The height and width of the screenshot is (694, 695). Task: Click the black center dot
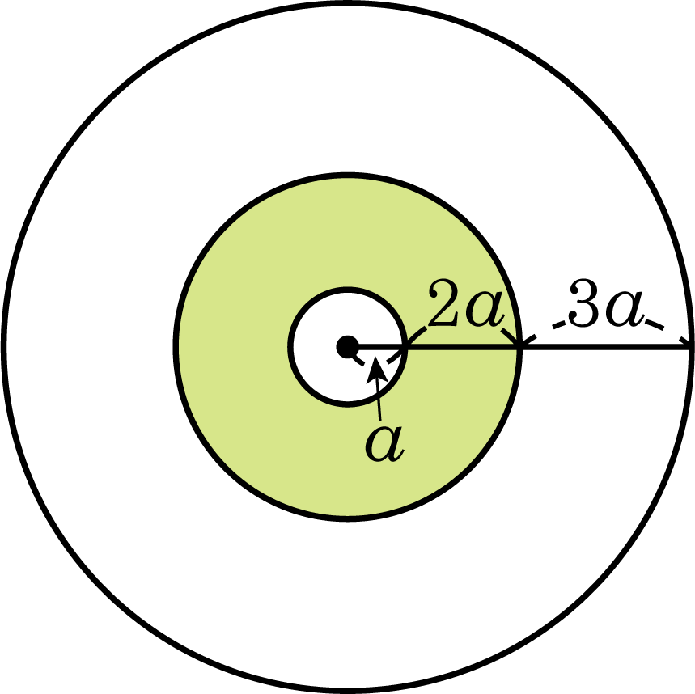348,346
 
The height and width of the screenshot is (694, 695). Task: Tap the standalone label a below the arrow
384,445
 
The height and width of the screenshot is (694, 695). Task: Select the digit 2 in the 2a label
443,303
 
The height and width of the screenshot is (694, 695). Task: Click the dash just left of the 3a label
559,324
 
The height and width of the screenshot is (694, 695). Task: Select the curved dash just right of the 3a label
655,324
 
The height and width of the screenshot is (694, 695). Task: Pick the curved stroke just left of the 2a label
417,335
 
